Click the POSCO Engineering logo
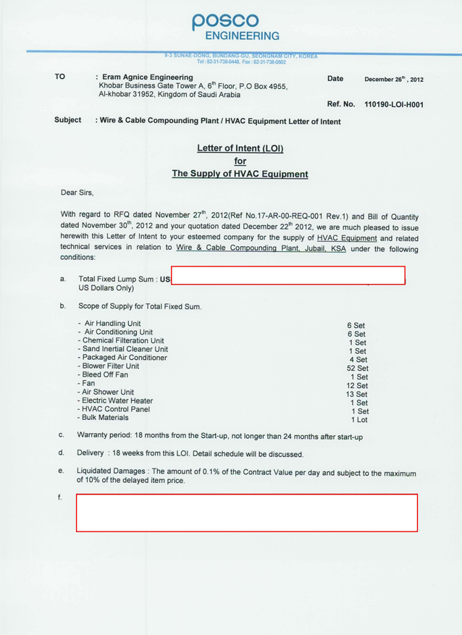(235, 27)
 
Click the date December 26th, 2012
(393, 79)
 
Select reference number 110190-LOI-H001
(394, 105)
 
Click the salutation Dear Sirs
(77, 193)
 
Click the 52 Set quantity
(358, 368)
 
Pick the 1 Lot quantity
(359, 419)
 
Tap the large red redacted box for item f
(247, 513)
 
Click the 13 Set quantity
(357, 393)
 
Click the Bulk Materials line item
(107, 418)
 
